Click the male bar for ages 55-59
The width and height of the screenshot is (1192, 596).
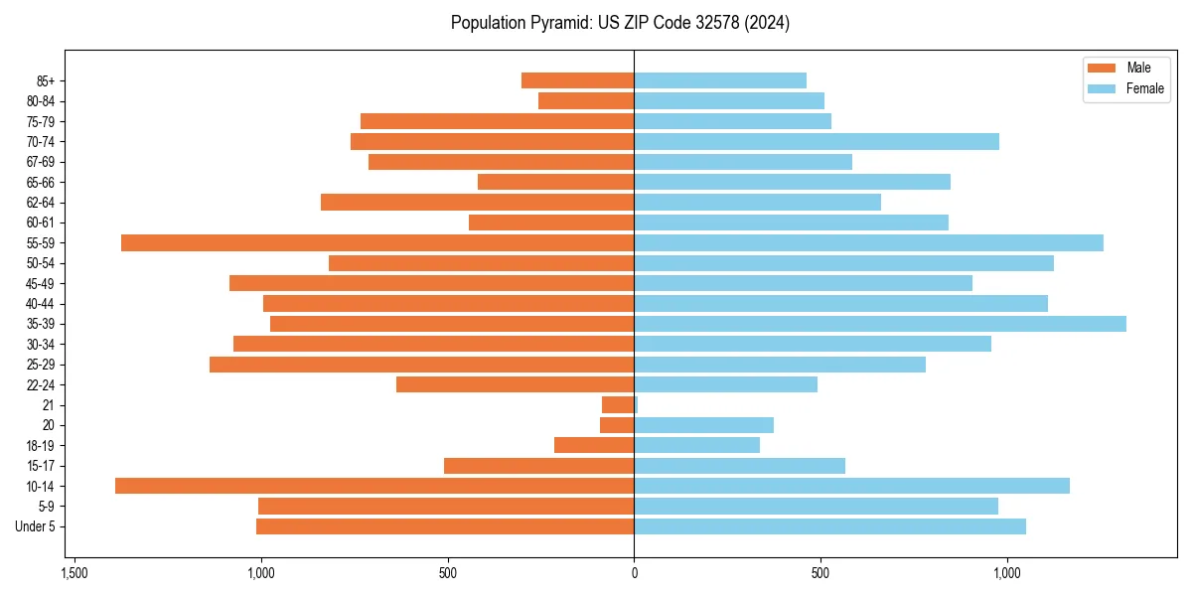377,242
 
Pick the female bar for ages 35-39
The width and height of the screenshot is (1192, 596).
880,324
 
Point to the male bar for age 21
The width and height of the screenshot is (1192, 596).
618,404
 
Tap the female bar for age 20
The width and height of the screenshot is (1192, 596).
703,425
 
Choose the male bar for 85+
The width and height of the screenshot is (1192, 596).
577,80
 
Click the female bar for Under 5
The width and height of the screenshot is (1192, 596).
829,526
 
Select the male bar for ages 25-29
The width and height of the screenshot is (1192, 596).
421,365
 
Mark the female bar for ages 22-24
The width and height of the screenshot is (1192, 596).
725,384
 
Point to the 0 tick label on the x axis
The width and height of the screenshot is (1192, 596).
634,573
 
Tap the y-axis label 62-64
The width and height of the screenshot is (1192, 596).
41,203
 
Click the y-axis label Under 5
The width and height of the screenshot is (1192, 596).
35,526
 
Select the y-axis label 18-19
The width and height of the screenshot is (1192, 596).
41,445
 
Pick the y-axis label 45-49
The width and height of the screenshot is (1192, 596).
41,283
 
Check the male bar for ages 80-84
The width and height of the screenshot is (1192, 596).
586,101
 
